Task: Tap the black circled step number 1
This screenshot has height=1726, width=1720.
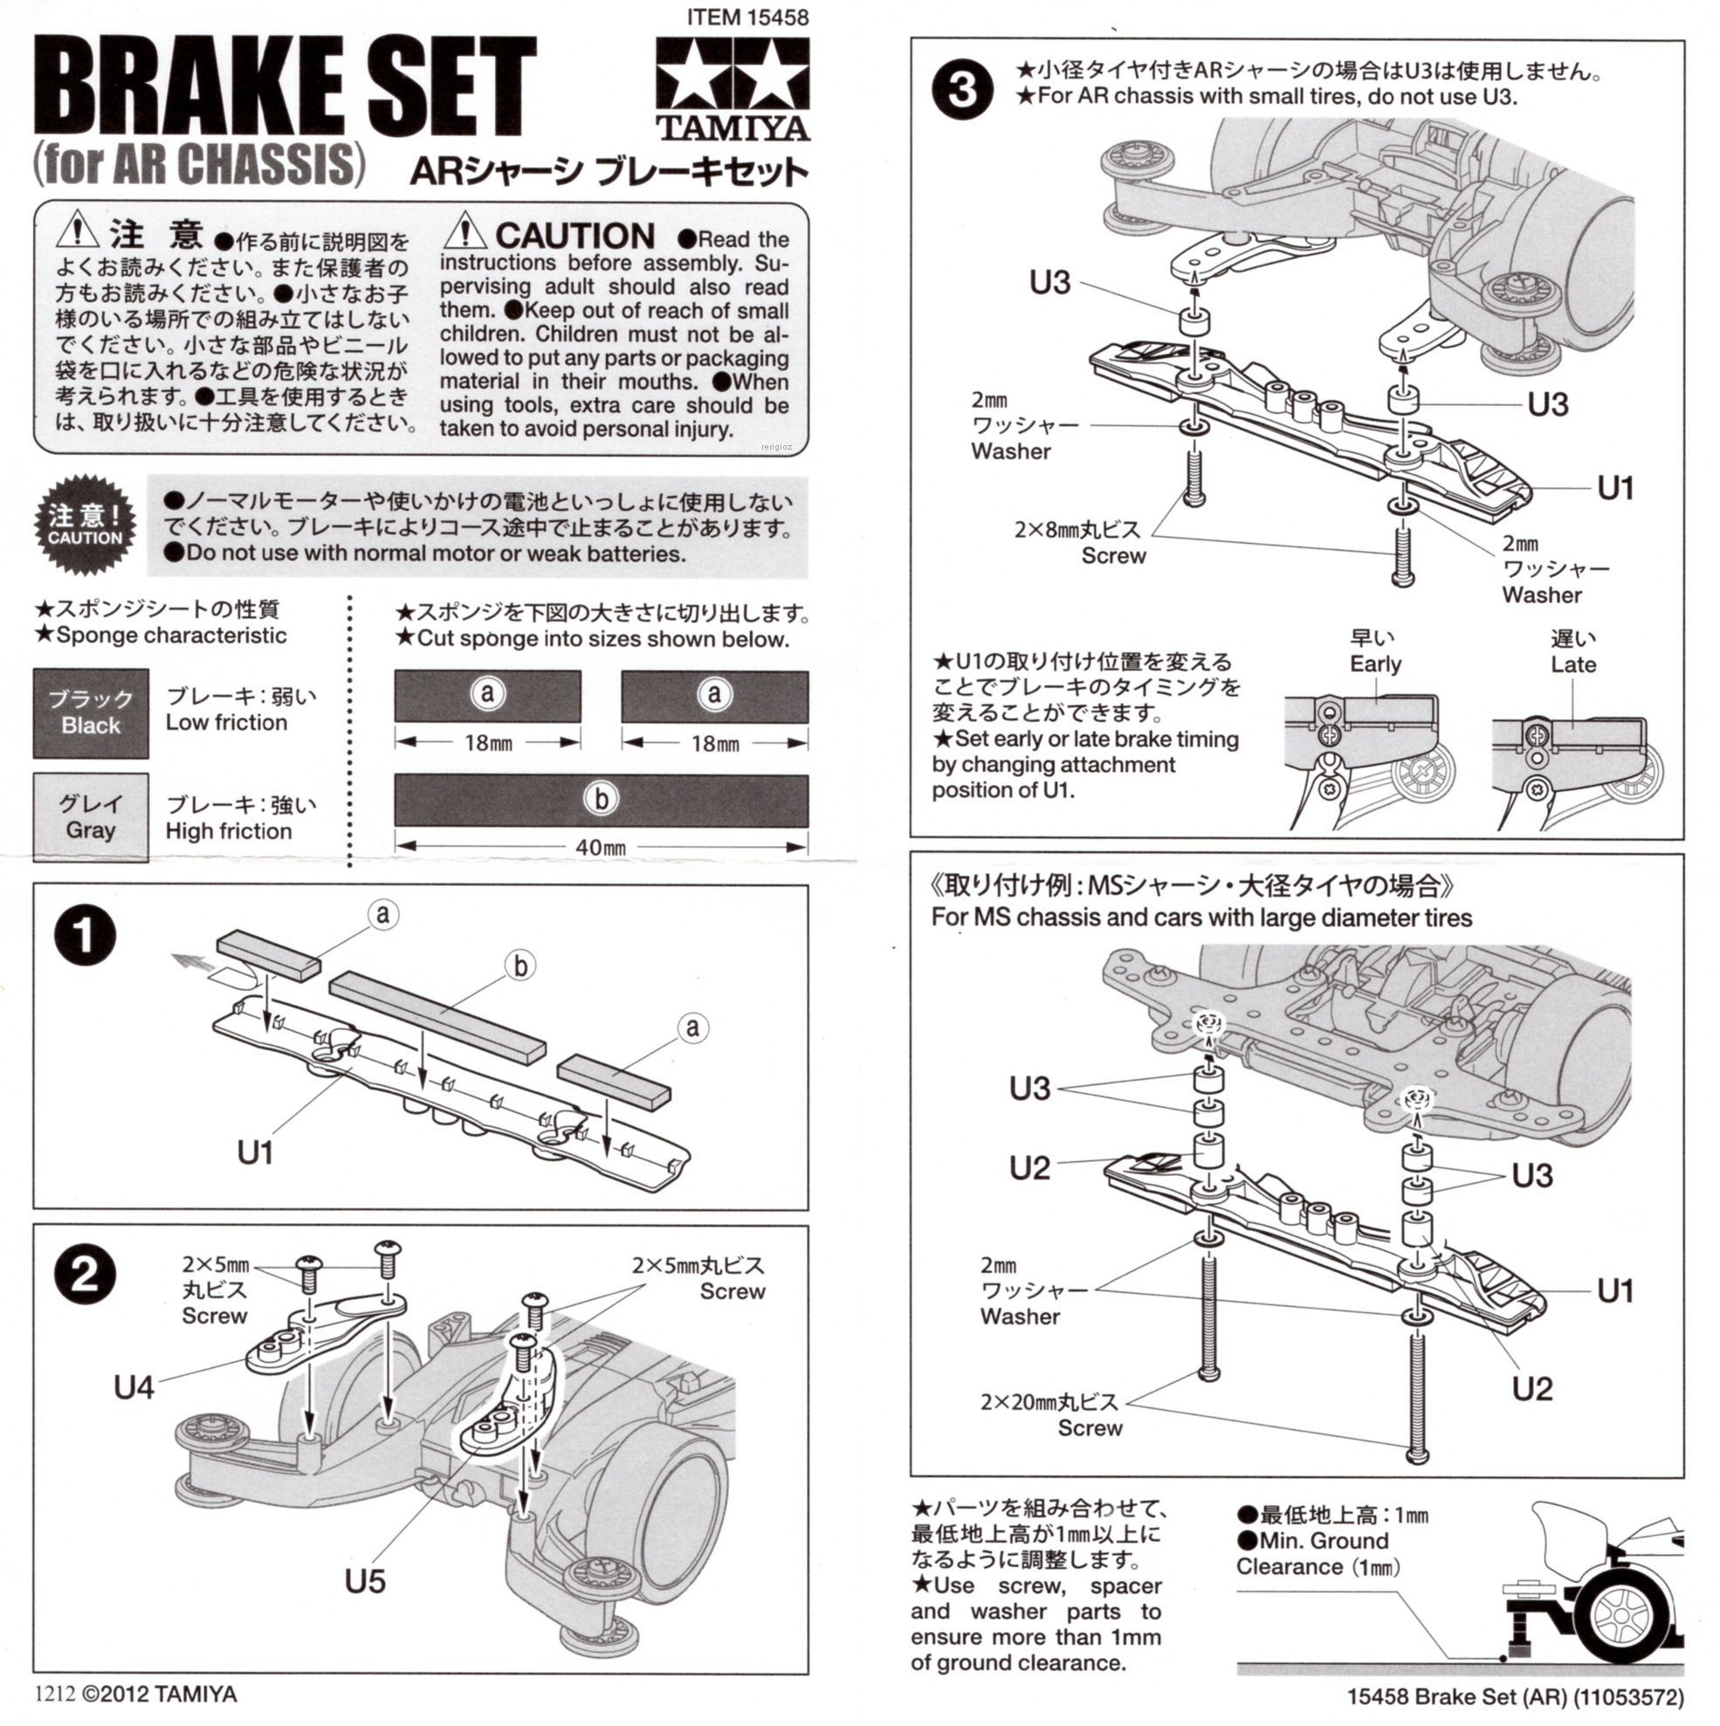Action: pos(86,937)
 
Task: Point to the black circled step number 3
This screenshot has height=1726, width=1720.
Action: pos(962,90)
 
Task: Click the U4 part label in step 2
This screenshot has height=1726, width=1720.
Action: pos(134,1387)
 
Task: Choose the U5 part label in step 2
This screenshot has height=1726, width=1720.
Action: pos(365,1581)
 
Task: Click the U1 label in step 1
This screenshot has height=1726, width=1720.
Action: pos(255,1152)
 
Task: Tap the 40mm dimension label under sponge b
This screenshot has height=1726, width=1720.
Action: pos(601,847)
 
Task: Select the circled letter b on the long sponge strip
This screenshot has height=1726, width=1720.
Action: pos(602,799)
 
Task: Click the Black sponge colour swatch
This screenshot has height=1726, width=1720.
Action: pos(91,713)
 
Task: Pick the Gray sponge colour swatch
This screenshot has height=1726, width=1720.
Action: pos(91,816)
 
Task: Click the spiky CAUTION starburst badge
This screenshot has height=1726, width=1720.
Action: pos(86,526)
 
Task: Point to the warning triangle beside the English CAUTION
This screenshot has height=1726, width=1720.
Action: pos(464,230)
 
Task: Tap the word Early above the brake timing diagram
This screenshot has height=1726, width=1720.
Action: pos(1375,664)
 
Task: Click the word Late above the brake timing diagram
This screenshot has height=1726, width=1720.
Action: pos(1572,664)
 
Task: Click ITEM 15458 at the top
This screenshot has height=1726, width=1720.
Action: pos(748,17)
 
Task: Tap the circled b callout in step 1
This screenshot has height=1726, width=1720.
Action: pos(520,966)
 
